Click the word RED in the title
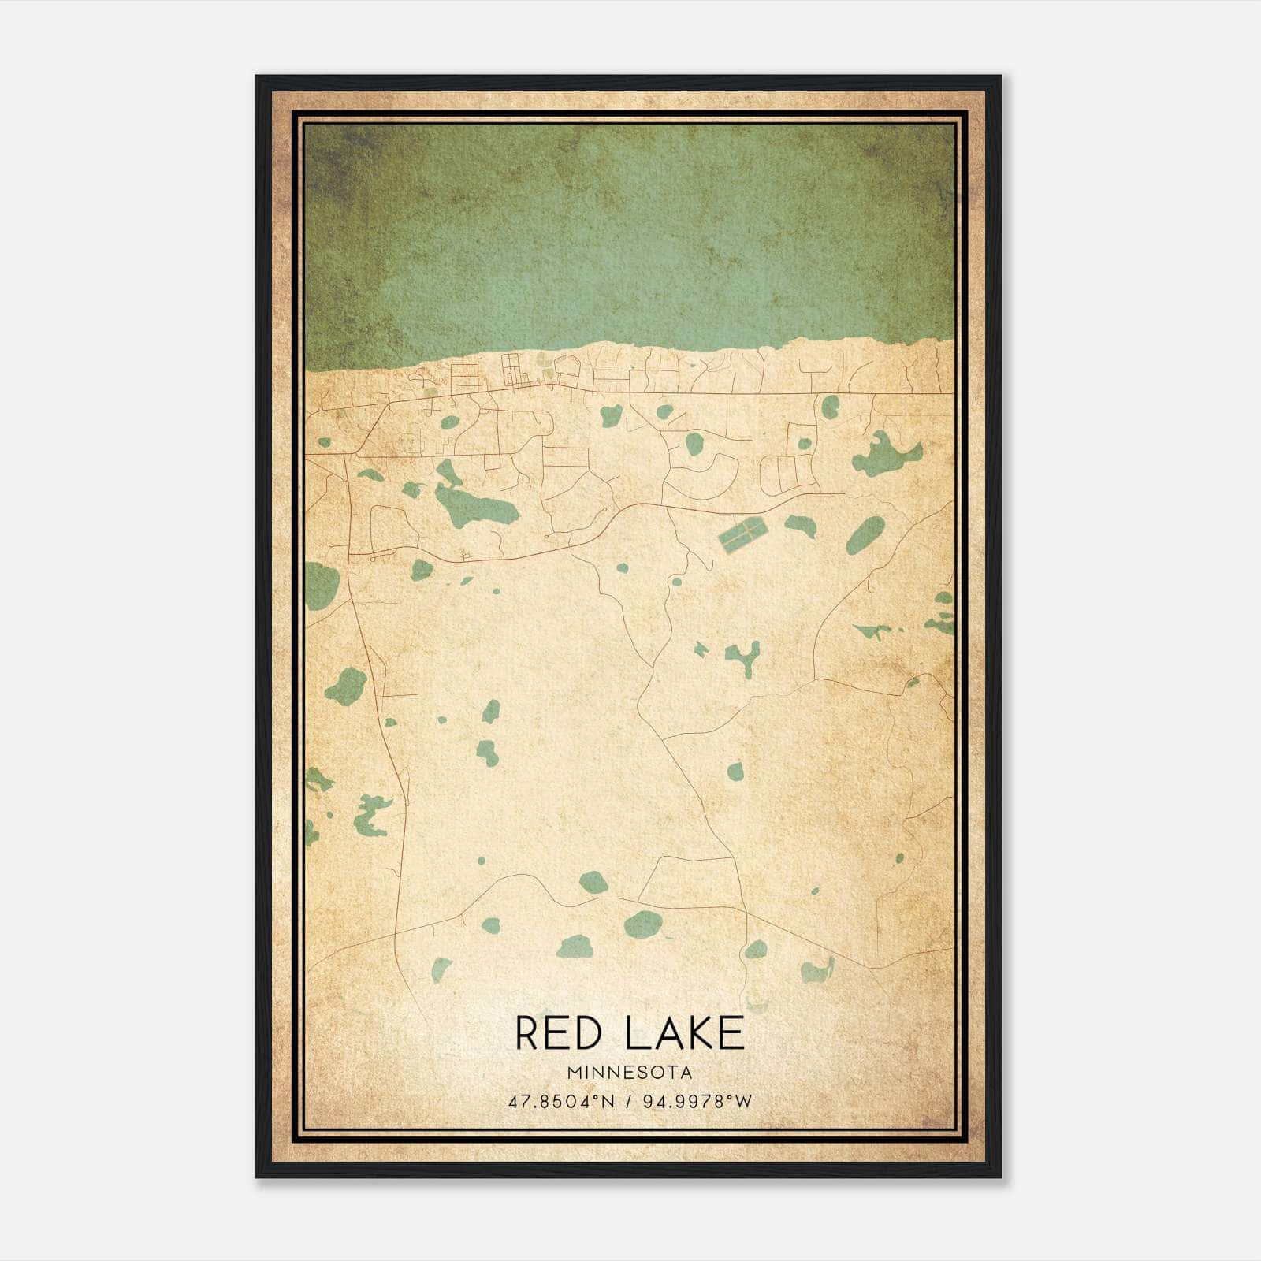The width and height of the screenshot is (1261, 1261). (562, 1033)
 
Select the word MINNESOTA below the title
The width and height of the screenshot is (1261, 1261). (630, 1073)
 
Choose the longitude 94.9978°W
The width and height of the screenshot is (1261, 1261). (697, 1101)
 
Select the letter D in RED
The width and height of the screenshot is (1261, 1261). (598, 1033)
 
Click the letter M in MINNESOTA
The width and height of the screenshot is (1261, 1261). (573, 1073)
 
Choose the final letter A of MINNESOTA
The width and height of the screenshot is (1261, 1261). (688, 1073)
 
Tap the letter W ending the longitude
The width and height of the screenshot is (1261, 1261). (745, 1101)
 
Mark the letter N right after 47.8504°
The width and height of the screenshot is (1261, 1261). (611, 1101)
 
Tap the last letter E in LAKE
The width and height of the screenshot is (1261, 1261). (733, 1033)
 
